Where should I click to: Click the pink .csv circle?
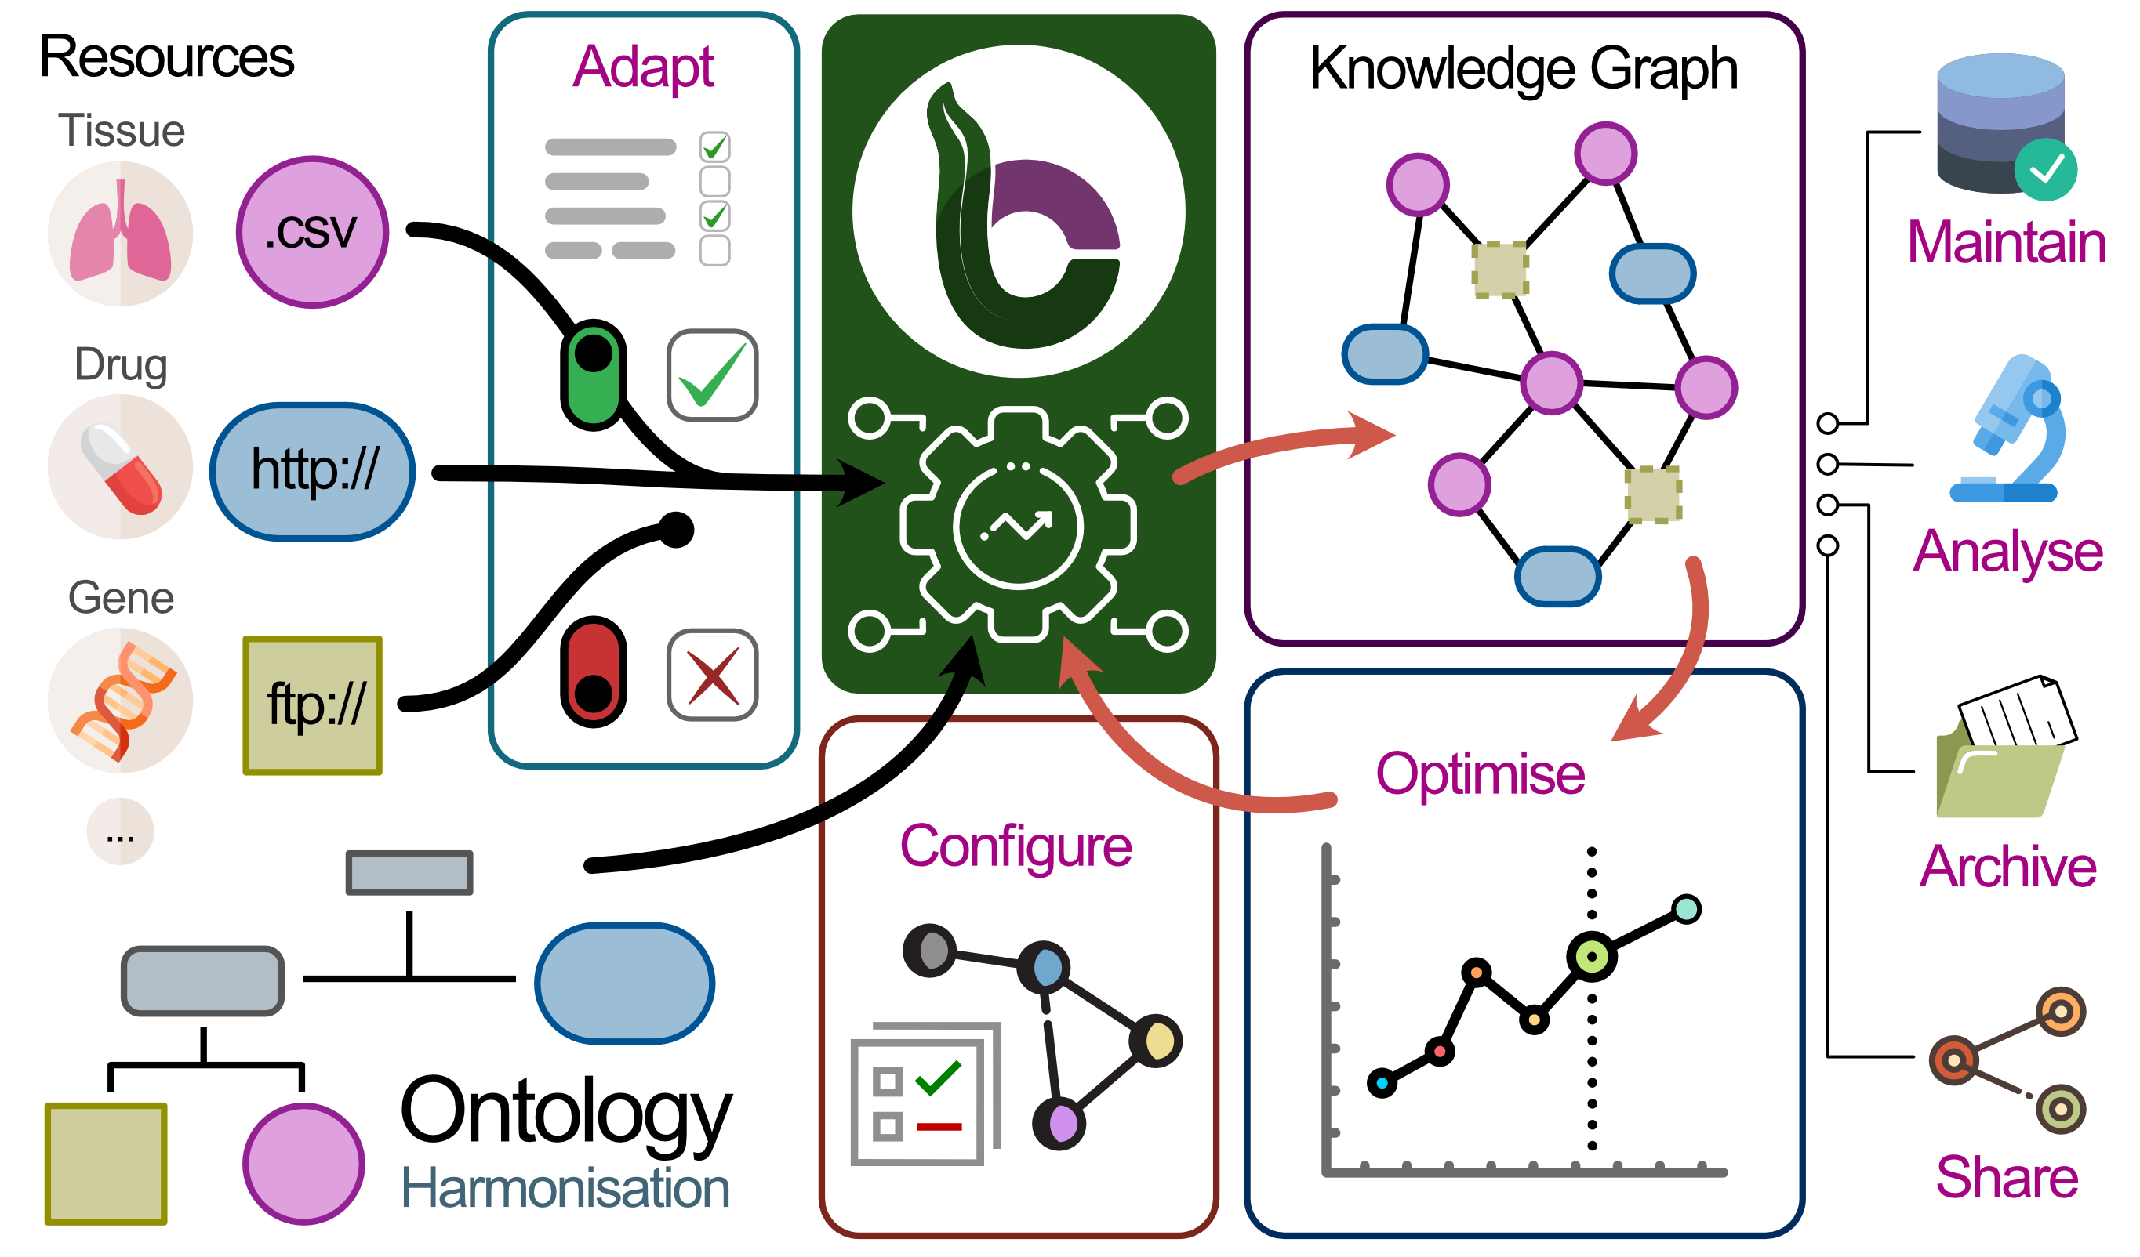(x=313, y=232)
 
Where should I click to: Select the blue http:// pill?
(x=313, y=471)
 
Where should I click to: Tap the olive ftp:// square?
(x=313, y=705)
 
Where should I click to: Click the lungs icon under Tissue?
(x=120, y=234)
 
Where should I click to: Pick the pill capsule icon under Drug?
(x=120, y=468)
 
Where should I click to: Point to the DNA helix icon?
(x=120, y=701)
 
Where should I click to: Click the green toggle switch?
(x=594, y=375)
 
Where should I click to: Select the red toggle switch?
(x=594, y=672)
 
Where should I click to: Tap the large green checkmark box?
(x=713, y=375)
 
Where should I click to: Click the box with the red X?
(x=713, y=676)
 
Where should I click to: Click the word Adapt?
(x=643, y=67)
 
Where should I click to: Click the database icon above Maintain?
(x=2004, y=125)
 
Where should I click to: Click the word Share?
(x=2007, y=1177)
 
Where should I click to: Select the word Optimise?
(x=1481, y=774)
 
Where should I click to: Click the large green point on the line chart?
(x=1591, y=957)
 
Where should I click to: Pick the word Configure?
(x=1016, y=846)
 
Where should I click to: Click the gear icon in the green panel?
(x=1018, y=523)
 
